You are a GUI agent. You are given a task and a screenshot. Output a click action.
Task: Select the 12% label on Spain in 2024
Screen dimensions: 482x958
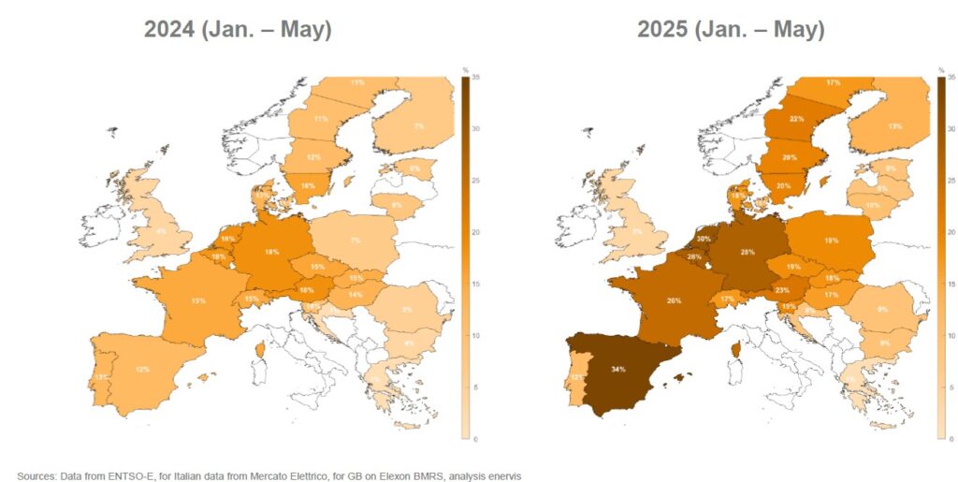[x=142, y=369]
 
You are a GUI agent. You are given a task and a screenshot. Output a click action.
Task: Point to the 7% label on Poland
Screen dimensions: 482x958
[x=355, y=241]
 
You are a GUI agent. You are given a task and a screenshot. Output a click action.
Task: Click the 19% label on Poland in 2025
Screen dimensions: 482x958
[x=830, y=241]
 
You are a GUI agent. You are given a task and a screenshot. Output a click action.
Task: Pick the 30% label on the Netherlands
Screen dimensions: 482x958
[x=703, y=239]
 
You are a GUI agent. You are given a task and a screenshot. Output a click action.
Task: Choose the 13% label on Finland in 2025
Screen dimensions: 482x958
[x=894, y=126]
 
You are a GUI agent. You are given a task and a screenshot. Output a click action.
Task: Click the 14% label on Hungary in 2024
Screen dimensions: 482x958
[x=356, y=295]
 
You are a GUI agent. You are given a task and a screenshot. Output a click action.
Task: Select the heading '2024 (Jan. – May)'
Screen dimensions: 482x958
[x=238, y=29]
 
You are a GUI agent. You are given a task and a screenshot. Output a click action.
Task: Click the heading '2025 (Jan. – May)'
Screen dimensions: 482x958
[x=731, y=29]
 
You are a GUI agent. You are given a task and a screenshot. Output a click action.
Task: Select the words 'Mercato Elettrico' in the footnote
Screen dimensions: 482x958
[x=250, y=475]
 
